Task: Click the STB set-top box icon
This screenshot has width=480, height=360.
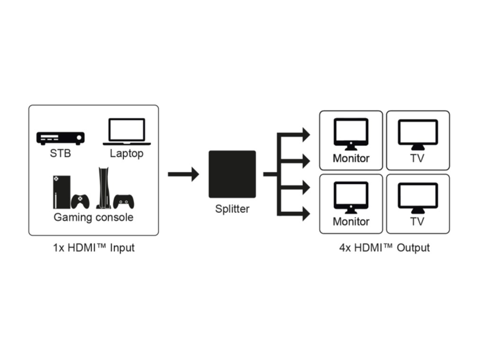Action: (x=61, y=138)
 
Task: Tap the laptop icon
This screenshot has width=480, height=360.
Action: (x=127, y=131)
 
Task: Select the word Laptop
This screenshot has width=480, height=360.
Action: (x=127, y=153)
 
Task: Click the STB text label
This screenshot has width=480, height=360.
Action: (x=60, y=153)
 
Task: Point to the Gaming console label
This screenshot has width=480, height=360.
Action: (x=93, y=217)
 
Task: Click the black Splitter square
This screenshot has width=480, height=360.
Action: (x=232, y=174)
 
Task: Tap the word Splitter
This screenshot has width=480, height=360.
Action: (x=232, y=208)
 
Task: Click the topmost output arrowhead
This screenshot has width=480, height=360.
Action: (x=305, y=135)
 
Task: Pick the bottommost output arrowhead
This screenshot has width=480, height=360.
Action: (x=305, y=214)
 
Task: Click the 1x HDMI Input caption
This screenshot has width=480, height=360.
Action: (x=94, y=248)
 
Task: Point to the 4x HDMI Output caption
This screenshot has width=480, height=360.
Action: (x=384, y=248)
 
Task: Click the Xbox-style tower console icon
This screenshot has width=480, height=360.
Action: (x=62, y=192)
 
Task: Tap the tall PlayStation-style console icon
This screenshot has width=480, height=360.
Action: (x=104, y=188)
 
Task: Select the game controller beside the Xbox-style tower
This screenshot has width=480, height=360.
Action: (x=81, y=201)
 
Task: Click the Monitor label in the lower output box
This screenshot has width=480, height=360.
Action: (x=351, y=221)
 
